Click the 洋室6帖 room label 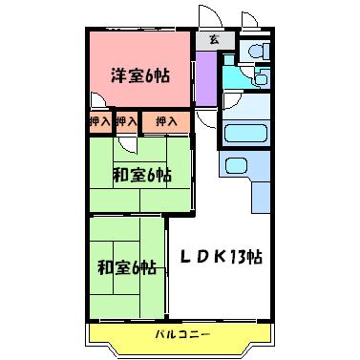click(x=138, y=75)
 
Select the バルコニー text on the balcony click(x=180, y=332)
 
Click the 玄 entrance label click(x=214, y=40)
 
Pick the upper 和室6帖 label click(x=141, y=175)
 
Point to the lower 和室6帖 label click(x=126, y=266)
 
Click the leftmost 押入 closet click(x=99, y=122)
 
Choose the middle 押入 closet click(x=125, y=122)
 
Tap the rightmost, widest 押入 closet click(x=166, y=122)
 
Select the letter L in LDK click(x=187, y=258)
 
